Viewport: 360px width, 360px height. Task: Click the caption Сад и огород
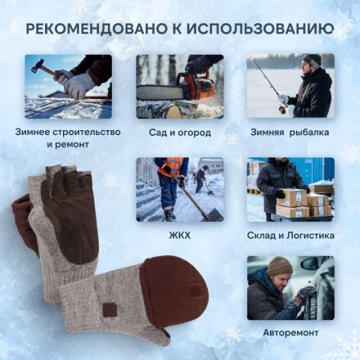coord(179,132)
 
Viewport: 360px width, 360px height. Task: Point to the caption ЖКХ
coord(179,236)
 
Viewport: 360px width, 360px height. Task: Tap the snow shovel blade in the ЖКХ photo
coord(210,214)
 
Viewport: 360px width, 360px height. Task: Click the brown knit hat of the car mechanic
coord(280,266)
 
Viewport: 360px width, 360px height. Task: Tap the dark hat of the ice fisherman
coord(312,60)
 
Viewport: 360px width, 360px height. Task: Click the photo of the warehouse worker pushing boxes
coord(290,189)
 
